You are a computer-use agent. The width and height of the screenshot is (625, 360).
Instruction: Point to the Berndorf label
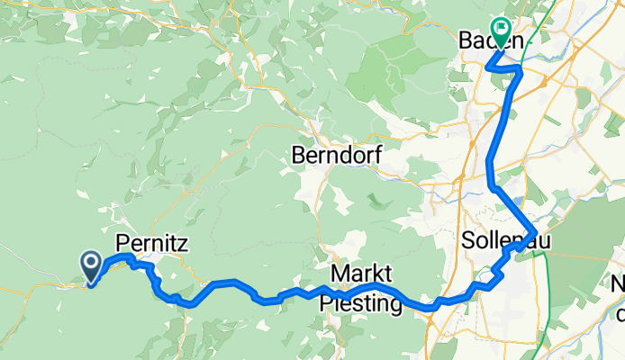pyautogui.click(x=336, y=156)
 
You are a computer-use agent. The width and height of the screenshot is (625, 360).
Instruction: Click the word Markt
pyautogui.click(x=362, y=273)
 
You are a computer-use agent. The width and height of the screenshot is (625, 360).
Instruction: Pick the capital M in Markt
pyautogui.click(x=338, y=273)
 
